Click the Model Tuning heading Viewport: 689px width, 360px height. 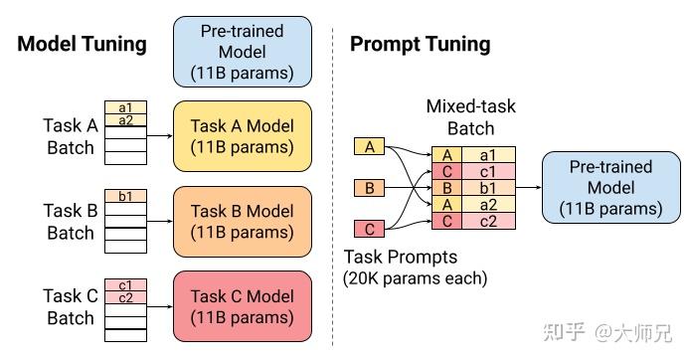(83, 44)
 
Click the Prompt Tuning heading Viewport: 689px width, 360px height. (420, 44)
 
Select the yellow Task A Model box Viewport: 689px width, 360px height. (243, 135)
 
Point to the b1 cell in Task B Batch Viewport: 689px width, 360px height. (125, 196)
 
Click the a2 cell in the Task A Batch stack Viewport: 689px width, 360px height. (125, 121)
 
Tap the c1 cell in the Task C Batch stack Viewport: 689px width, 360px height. (125, 283)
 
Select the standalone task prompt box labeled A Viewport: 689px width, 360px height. (370, 147)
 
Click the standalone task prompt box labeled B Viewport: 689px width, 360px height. (370, 187)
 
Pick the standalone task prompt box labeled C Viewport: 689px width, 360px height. (370, 230)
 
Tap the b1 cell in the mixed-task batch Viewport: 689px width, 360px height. (488, 187)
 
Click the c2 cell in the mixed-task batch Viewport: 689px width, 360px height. (488, 220)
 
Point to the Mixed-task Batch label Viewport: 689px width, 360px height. (471, 116)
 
